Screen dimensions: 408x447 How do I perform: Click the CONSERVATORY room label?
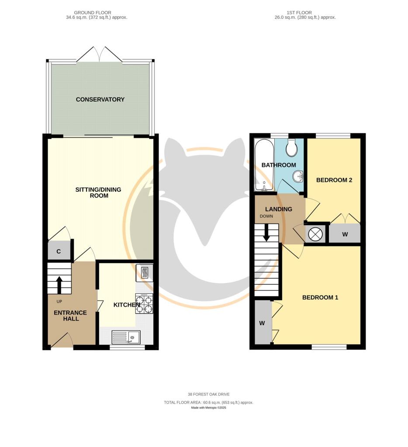coord(100,100)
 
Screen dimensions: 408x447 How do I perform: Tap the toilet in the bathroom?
coord(292,148)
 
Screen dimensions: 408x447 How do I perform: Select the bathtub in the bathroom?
coord(264,165)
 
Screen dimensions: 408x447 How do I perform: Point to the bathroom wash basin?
coord(298,176)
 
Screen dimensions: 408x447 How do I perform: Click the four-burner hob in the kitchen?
coord(144,304)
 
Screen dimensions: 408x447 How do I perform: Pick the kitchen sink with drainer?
coord(126,337)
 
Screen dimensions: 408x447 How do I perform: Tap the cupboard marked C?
coord(59,251)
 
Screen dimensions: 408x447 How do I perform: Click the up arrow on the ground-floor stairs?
coord(59,285)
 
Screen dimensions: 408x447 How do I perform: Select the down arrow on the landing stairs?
coord(266,232)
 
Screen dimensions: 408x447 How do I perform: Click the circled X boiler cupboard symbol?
coord(315,234)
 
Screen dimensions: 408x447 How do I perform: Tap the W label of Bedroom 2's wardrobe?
coord(345,234)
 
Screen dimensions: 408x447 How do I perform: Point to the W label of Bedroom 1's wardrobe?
coord(262,323)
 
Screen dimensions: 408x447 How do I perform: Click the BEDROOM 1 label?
coord(320,297)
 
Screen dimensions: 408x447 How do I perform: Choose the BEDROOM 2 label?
coord(334,180)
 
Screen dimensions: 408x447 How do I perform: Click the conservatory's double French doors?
coord(100,54)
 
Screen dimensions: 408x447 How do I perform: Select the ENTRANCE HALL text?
coord(70,316)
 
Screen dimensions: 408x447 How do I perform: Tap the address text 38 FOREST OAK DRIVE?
coord(208,394)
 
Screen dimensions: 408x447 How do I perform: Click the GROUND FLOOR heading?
coord(93,13)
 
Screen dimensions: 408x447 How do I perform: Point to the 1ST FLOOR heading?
coord(299,13)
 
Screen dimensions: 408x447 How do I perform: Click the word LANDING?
coord(278,209)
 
